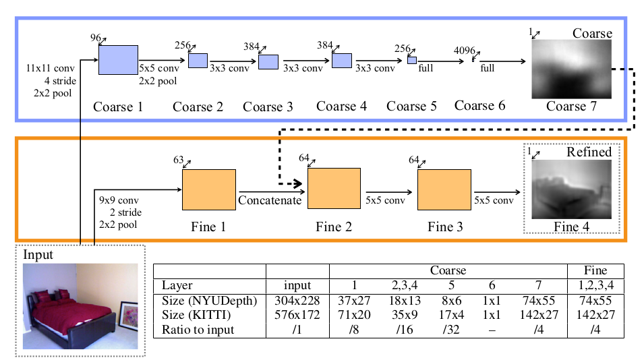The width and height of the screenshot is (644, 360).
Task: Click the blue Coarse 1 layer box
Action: tap(118, 59)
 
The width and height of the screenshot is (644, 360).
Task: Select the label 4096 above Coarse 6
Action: tap(464, 51)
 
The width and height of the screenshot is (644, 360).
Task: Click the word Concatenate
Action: tap(270, 200)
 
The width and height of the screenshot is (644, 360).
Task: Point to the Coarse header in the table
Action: tap(448, 270)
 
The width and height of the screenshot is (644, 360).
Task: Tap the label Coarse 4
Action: tap(342, 107)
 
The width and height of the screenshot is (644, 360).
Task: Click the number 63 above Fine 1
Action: tap(179, 160)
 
